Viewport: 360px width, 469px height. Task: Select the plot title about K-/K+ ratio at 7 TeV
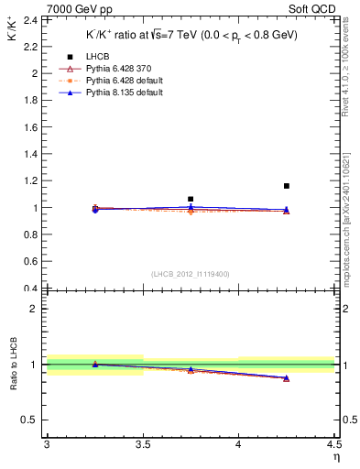(x=191, y=35)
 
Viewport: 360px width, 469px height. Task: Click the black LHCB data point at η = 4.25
(x=287, y=186)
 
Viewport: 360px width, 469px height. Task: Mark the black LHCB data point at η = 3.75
(x=191, y=199)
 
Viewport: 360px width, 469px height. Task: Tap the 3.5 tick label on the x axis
(x=142, y=444)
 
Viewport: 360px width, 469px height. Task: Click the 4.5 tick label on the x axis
(x=333, y=444)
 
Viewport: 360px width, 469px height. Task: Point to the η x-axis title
(x=335, y=456)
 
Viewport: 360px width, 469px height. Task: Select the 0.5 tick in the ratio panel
(x=31, y=420)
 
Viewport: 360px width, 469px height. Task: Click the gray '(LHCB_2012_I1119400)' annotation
(x=190, y=274)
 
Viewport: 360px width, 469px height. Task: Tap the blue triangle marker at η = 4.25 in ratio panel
(x=287, y=377)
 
